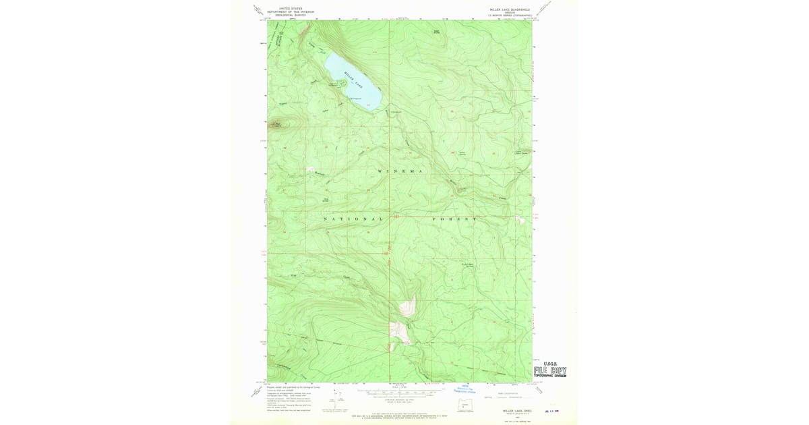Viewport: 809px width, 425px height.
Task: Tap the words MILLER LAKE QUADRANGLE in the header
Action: pos(510,10)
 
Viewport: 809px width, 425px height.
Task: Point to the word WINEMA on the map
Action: pos(400,172)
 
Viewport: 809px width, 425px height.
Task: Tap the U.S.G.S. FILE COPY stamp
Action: pos(549,370)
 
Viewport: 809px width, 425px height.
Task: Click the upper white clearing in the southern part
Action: pos(407,307)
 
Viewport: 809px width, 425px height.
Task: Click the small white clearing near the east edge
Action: pos(520,219)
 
